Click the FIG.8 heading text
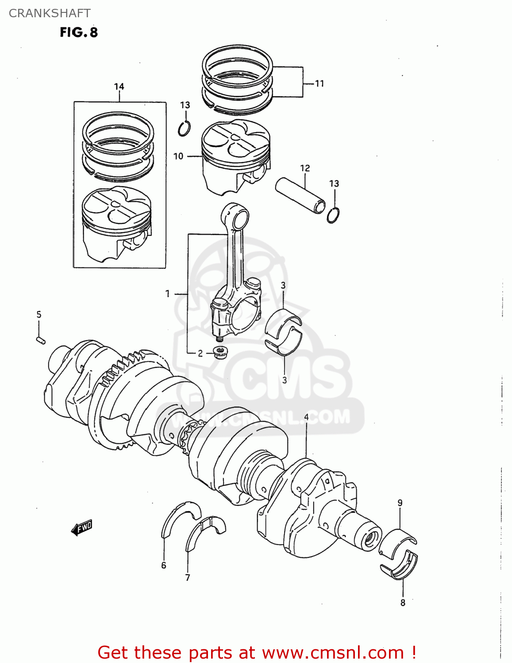[x=79, y=32]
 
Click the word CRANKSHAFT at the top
[x=50, y=13]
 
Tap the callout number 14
[x=119, y=87]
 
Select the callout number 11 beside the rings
[x=320, y=83]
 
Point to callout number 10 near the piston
[x=178, y=156]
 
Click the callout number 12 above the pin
[x=305, y=168]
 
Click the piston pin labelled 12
[x=300, y=195]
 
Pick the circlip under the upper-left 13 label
[x=185, y=129]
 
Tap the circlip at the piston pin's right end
[x=334, y=215]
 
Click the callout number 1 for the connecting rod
[x=168, y=293]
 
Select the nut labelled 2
[x=220, y=352]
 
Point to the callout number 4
[x=306, y=417]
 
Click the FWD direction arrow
[x=82, y=527]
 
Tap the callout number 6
[x=164, y=565]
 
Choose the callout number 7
[x=188, y=578]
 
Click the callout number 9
[x=400, y=503]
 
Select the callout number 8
[x=403, y=602]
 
